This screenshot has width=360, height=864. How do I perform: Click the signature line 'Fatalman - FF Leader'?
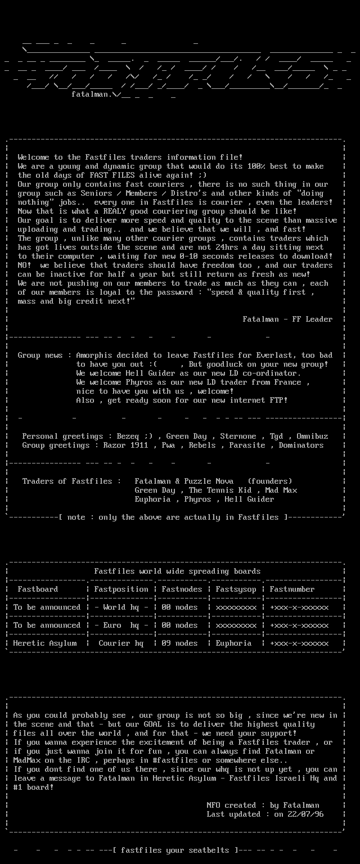pyautogui.click(x=287, y=319)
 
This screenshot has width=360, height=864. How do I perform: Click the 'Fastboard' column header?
pyautogui.click(x=38, y=589)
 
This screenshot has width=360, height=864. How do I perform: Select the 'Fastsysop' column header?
pyautogui.click(x=236, y=589)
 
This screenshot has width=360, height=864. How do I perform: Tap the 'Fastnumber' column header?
pyautogui.click(x=292, y=589)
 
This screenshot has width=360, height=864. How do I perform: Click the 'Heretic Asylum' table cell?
pyautogui.click(x=44, y=643)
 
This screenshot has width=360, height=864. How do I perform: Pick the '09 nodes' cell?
pyautogui.click(x=179, y=643)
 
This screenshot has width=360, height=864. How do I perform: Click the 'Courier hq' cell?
pyautogui.click(x=121, y=643)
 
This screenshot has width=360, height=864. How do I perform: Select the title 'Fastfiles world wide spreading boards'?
pyautogui.click(x=177, y=571)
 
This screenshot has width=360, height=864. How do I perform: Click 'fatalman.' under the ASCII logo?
pyautogui.click(x=92, y=94)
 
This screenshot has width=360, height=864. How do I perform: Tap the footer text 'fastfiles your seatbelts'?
pyautogui.click(x=175, y=850)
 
